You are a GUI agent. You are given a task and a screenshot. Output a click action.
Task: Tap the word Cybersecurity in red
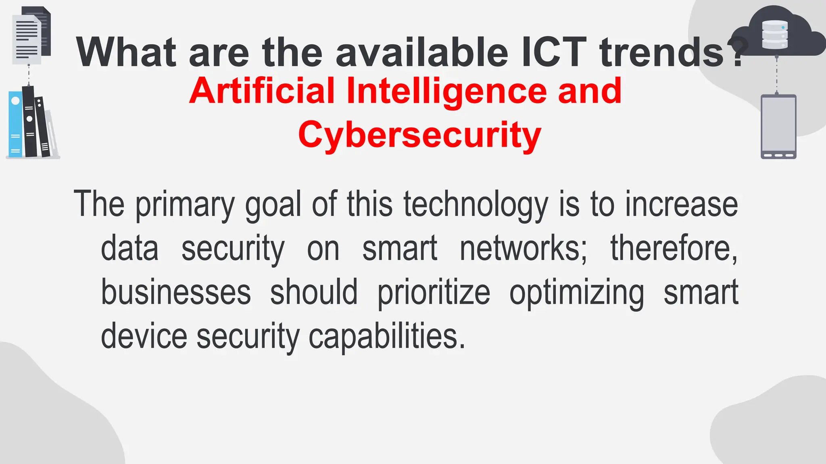419,135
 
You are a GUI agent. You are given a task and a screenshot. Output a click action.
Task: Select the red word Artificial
262,91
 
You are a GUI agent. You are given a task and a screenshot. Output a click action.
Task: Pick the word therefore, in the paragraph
674,249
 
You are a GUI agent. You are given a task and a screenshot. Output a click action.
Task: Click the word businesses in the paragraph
176,292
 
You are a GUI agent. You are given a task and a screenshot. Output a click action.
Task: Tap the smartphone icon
778,126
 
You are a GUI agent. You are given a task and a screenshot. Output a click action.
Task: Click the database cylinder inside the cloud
774,35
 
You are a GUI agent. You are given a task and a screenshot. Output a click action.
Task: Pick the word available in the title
422,52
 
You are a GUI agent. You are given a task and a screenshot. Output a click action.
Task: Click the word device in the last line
144,336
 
